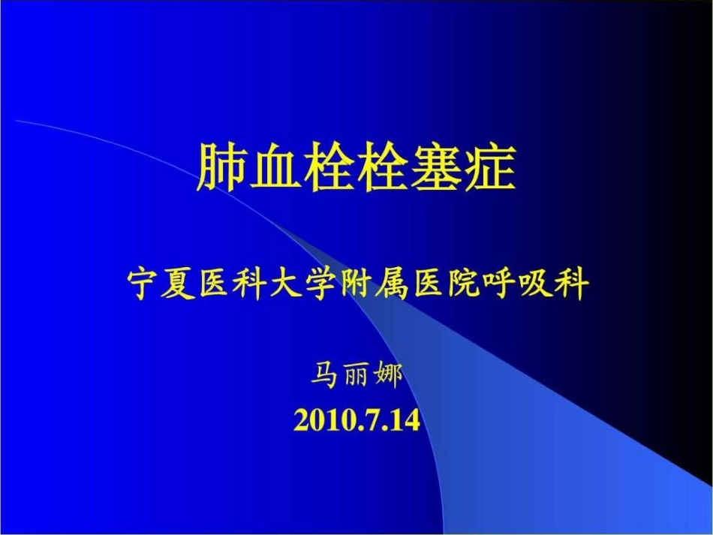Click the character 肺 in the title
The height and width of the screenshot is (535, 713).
pyautogui.click(x=224, y=166)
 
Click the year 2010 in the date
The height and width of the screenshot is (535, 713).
pyautogui.click(x=320, y=419)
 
